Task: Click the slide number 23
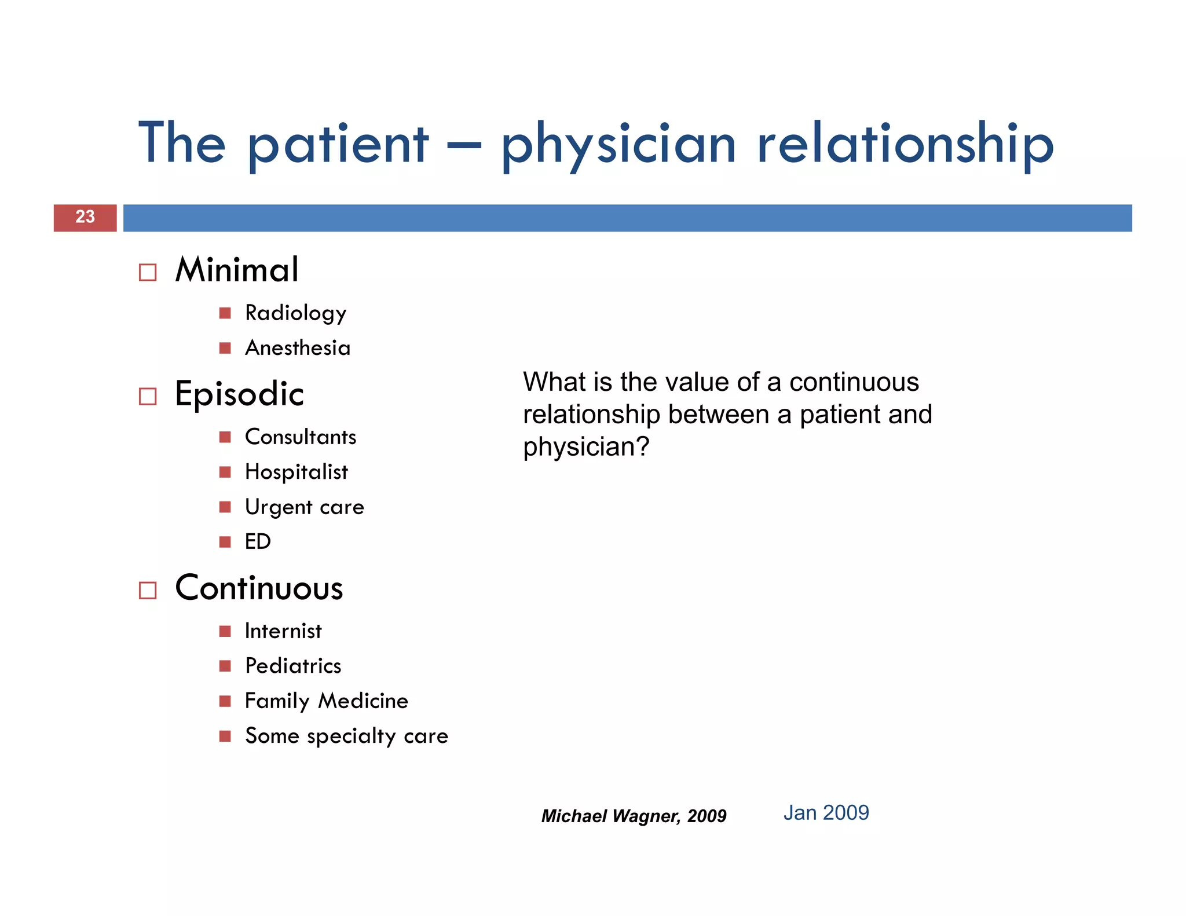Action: pyautogui.click(x=85, y=217)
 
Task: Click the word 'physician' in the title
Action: pyautogui.click(x=618, y=145)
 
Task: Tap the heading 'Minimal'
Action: pyautogui.click(x=237, y=270)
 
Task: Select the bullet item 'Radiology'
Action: pyautogui.click(x=295, y=313)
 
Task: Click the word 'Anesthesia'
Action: pyautogui.click(x=298, y=348)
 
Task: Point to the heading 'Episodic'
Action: pyautogui.click(x=239, y=394)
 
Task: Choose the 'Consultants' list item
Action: pyautogui.click(x=301, y=437)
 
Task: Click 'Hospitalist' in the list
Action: pyautogui.click(x=296, y=472)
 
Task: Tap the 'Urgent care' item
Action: pyautogui.click(x=305, y=507)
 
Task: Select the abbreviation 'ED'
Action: pyautogui.click(x=258, y=542)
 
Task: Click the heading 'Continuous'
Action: pyautogui.click(x=259, y=588)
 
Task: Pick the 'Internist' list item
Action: pyautogui.click(x=283, y=631)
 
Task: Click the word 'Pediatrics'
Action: pyautogui.click(x=293, y=666)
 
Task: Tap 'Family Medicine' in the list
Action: pyautogui.click(x=327, y=701)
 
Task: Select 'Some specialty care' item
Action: pyautogui.click(x=346, y=736)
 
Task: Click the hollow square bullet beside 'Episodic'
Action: pyautogui.click(x=148, y=397)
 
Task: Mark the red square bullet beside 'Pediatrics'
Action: pyautogui.click(x=225, y=666)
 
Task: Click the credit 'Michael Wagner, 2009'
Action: pyautogui.click(x=634, y=816)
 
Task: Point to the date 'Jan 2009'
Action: pyautogui.click(x=826, y=813)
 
